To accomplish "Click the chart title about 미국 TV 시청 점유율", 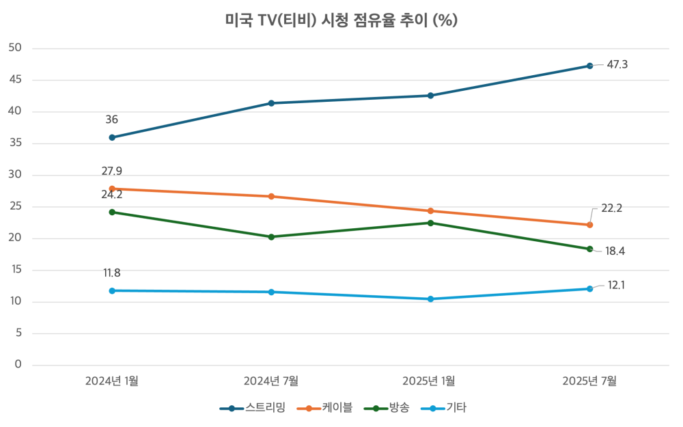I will (341, 20).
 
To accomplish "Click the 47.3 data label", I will (617, 65).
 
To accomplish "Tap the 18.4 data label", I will (615, 251).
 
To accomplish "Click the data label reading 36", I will (112, 120).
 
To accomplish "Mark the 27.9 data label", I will (112, 171).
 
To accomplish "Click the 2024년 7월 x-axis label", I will (271, 381).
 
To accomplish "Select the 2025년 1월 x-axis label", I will (430, 381).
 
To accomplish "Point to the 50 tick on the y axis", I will (16, 48).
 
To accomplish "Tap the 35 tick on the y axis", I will (16, 143).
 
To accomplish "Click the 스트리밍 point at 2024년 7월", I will (271, 103).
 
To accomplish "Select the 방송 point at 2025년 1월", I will (430, 223).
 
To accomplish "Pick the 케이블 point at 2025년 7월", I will (589, 225).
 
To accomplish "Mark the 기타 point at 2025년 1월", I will (430, 299).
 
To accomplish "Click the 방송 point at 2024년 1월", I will (112, 212).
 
